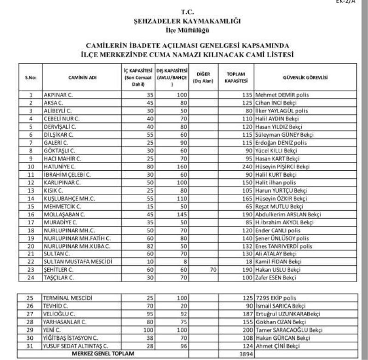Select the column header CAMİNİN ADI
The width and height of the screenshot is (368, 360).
pyautogui.click(x=81, y=78)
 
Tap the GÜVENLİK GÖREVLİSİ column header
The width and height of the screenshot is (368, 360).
pyautogui.click(x=305, y=78)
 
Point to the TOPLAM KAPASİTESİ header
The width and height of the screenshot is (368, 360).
pyautogui.click(x=236, y=78)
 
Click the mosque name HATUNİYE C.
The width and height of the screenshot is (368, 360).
pyautogui.click(x=59, y=166)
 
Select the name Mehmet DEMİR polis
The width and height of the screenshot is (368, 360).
pyautogui.click(x=282, y=95)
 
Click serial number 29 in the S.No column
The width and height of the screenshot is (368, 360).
pyautogui.click(x=31, y=330)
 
